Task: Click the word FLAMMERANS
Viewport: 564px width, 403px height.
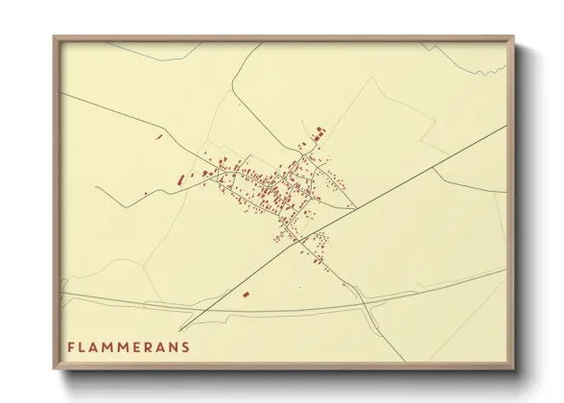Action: (x=128, y=345)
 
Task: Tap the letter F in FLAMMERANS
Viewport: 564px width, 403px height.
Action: (x=70, y=345)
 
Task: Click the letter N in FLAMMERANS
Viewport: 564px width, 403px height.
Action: (x=174, y=345)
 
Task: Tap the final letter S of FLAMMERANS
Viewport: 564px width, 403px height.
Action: (x=185, y=345)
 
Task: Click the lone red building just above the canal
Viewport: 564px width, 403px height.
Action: (x=246, y=294)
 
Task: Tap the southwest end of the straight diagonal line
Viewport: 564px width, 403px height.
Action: (x=179, y=330)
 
